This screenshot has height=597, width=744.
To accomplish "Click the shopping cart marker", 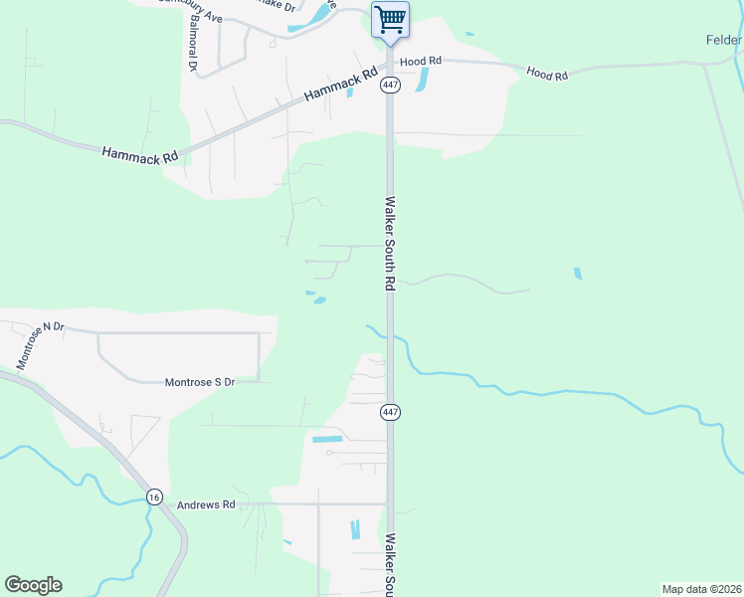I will click(x=390, y=20).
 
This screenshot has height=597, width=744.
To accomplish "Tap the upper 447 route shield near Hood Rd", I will click(x=390, y=86).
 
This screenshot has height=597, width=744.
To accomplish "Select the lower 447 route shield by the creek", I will click(x=390, y=412).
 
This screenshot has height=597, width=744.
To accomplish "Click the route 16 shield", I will click(x=153, y=497).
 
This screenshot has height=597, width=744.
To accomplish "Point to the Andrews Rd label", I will click(x=206, y=505).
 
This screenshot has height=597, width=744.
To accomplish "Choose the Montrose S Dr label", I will click(x=199, y=382).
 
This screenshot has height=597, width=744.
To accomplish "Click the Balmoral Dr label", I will click(x=191, y=46).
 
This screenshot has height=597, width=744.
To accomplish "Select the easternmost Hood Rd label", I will click(x=546, y=74).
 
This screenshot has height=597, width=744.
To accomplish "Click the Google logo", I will click(x=33, y=585).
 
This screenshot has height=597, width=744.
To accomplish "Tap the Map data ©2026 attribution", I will click(x=701, y=589).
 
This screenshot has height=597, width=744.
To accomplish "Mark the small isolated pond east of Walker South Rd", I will click(x=578, y=274).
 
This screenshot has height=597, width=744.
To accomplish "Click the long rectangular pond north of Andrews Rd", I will click(x=327, y=439).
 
